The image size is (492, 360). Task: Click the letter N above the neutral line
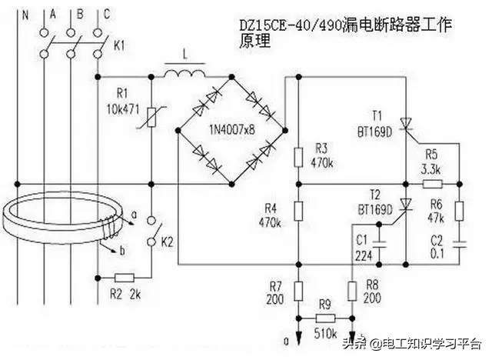pos(25,13)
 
